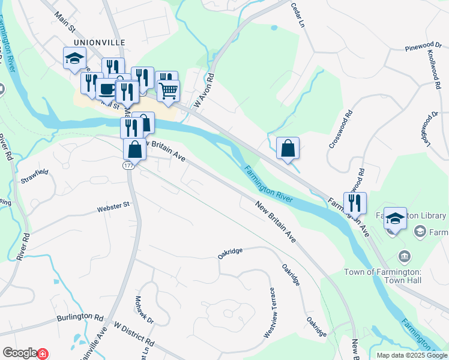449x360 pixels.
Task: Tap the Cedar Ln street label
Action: [298, 15]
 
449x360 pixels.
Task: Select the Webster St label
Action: [113, 207]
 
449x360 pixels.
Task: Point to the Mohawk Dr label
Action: [144, 310]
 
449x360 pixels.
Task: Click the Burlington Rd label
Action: [80, 316]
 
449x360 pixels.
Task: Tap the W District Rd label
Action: [133, 335]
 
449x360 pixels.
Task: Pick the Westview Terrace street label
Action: [268, 312]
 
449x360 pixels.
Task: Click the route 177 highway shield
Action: [128, 164]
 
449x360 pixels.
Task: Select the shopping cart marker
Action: [169, 91]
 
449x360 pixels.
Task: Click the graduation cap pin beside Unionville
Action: [74, 58]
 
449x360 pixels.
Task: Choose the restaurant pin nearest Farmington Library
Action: [355, 203]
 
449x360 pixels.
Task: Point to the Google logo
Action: [19, 353]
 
